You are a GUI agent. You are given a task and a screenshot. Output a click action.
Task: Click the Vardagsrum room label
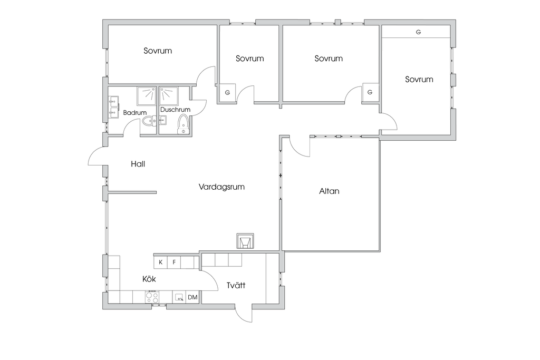point(221,187)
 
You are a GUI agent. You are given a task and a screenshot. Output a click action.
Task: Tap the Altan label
point(329,191)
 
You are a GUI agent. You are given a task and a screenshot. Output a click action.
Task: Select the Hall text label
point(138,164)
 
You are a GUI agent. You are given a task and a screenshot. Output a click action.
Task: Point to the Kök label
point(149,278)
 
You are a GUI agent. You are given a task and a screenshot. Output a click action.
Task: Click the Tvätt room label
point(236,285)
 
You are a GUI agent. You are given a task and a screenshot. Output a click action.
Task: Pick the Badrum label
point(135,113)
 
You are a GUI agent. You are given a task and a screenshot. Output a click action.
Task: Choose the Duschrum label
point(175,110)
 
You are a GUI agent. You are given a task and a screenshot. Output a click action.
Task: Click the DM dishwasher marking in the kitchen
point(192,297)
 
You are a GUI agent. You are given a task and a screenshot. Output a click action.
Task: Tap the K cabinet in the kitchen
point(160,262)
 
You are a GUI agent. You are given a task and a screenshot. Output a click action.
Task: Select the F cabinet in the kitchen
point(174,262)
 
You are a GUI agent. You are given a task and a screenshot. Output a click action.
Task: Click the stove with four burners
point(152,297)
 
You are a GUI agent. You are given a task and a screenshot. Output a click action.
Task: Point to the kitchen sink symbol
point(179,297)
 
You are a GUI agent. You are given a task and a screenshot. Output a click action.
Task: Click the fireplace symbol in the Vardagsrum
point(245,241)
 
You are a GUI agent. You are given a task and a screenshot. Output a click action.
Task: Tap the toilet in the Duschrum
point(183,124)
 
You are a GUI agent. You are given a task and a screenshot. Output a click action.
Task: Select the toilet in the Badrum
point(149,121)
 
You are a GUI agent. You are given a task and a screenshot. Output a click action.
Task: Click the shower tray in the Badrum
point(147,96)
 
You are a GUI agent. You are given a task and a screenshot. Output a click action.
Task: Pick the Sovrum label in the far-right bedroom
point(419,79)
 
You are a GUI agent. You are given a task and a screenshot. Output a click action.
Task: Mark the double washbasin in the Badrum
point(114,107)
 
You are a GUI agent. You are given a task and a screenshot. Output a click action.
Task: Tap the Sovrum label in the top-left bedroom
point(158,51)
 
